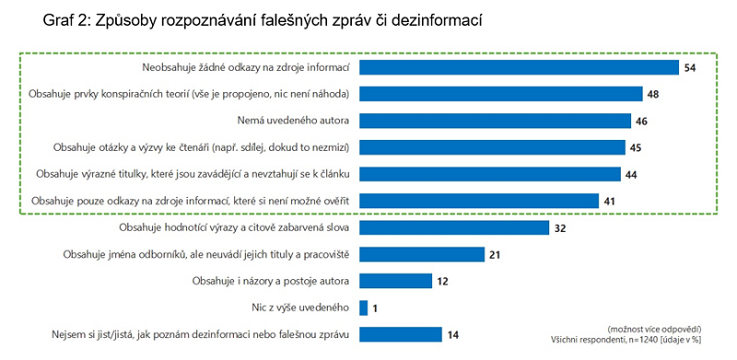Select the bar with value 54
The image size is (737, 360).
click(519, 67)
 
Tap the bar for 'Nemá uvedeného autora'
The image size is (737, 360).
click(495, 121)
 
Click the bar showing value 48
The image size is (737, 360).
click(500, 94)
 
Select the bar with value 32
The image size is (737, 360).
click(454, 227)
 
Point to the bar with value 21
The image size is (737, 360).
click(422, 254)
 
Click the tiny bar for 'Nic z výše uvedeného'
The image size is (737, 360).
click(363, 308)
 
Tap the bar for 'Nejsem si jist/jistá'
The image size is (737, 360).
click(401, 334)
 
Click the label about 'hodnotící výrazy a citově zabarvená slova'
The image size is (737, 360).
click(237, 227)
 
